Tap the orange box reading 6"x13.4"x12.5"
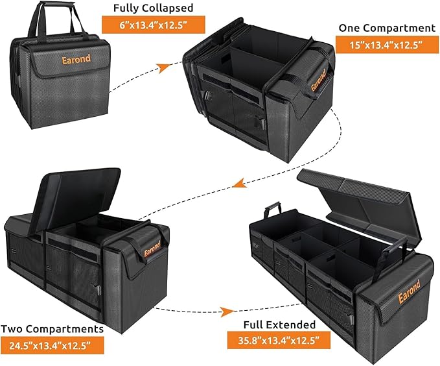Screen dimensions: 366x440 [153, 25]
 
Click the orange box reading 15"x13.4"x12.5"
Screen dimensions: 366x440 [379, 45]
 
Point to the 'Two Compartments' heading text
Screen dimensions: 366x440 [52, 329]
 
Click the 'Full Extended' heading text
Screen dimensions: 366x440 [280, 324]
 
